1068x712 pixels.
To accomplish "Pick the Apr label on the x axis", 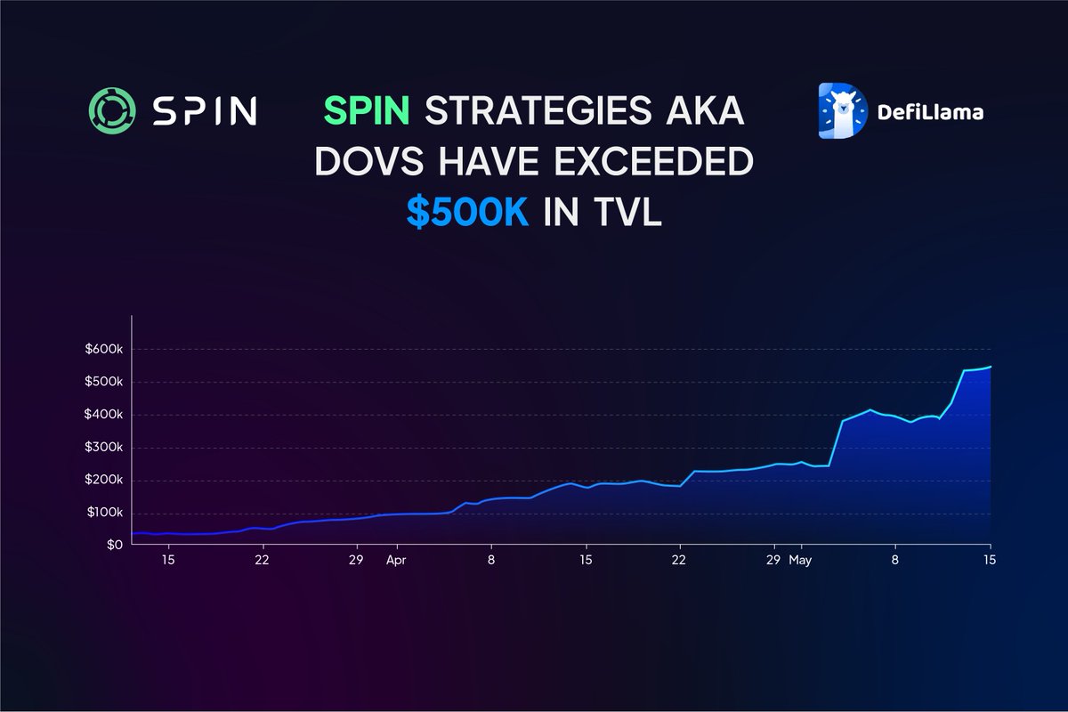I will point(396,561).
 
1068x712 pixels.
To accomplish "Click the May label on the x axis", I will point(801,561).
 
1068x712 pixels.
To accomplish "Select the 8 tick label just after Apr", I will point(490,561).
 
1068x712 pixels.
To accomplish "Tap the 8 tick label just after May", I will point(895,561).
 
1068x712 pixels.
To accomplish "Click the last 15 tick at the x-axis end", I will point(989,561).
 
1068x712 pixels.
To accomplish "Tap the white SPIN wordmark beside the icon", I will point(203,110).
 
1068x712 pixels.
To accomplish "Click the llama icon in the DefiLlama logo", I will point(841,111).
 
